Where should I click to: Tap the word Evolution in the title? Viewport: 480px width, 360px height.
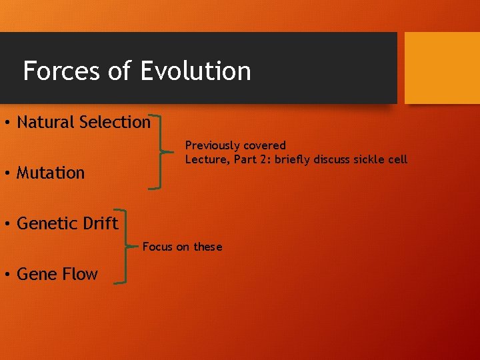pos(196,71)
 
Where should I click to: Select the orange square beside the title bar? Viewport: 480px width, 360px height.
pos(442,68)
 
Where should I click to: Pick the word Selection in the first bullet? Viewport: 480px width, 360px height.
pos(115,122)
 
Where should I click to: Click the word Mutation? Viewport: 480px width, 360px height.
pos(51,173)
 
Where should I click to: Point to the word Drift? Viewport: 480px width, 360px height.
pos(100,223)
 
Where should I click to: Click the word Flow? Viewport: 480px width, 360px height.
pos(79,274)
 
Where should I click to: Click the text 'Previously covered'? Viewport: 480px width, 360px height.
pos(235,145)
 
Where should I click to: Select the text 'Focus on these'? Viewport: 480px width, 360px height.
pos(182,247)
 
